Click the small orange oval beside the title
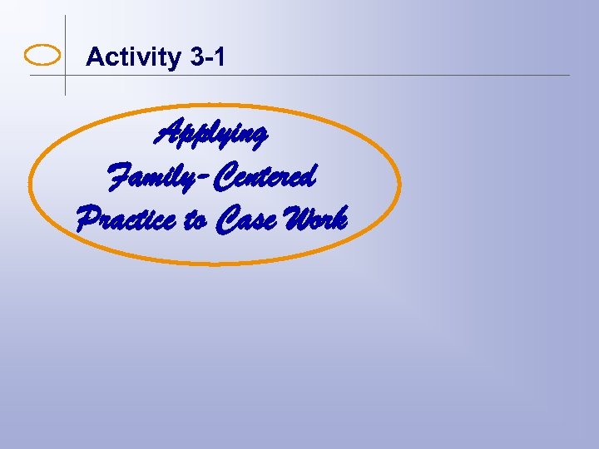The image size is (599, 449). pos(43,56)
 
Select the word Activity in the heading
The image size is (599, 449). pos(133,57)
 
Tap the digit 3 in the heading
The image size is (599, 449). pos(197,57)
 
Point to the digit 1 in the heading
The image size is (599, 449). pos(218,57)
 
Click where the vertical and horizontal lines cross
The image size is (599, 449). pos(65,76)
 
